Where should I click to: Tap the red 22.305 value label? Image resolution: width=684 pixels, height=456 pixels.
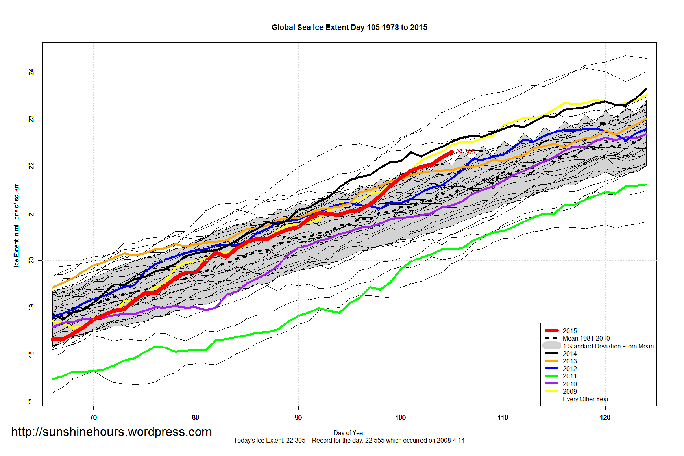[x=465, y=152]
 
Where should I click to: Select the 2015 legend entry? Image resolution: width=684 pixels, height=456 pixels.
[x=569, y=331]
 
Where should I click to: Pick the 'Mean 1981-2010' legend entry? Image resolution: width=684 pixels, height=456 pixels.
[x=586, y=338]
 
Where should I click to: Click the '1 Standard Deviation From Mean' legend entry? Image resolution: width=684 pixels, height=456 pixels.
[x=608, y=346]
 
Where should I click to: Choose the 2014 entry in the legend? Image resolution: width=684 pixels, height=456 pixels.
[x=569, y=354]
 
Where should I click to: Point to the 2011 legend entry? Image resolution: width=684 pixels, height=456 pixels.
[x=569, y=376]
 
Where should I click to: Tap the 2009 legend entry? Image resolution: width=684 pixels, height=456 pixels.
[x=569, y=391]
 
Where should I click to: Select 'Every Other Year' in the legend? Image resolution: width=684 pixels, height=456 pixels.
[x=585, y=399]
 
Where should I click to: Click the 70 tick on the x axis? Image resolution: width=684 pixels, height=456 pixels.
[x=93, y=417]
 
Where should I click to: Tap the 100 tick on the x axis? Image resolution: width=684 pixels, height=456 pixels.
[x=400, y=417]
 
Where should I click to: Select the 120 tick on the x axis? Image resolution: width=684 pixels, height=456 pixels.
[x=605, y=417]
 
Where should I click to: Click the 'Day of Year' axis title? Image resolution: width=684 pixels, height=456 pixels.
[x=349, y=433]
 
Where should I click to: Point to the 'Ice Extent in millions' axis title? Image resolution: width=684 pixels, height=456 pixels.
[x=17, y=224]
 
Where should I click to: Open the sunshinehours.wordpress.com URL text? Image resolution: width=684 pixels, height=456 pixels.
[x=111, y=432]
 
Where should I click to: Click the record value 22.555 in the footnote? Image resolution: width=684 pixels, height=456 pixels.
[x=375, y=440]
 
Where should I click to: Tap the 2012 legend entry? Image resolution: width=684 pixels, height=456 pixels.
[x=569, y=369]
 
